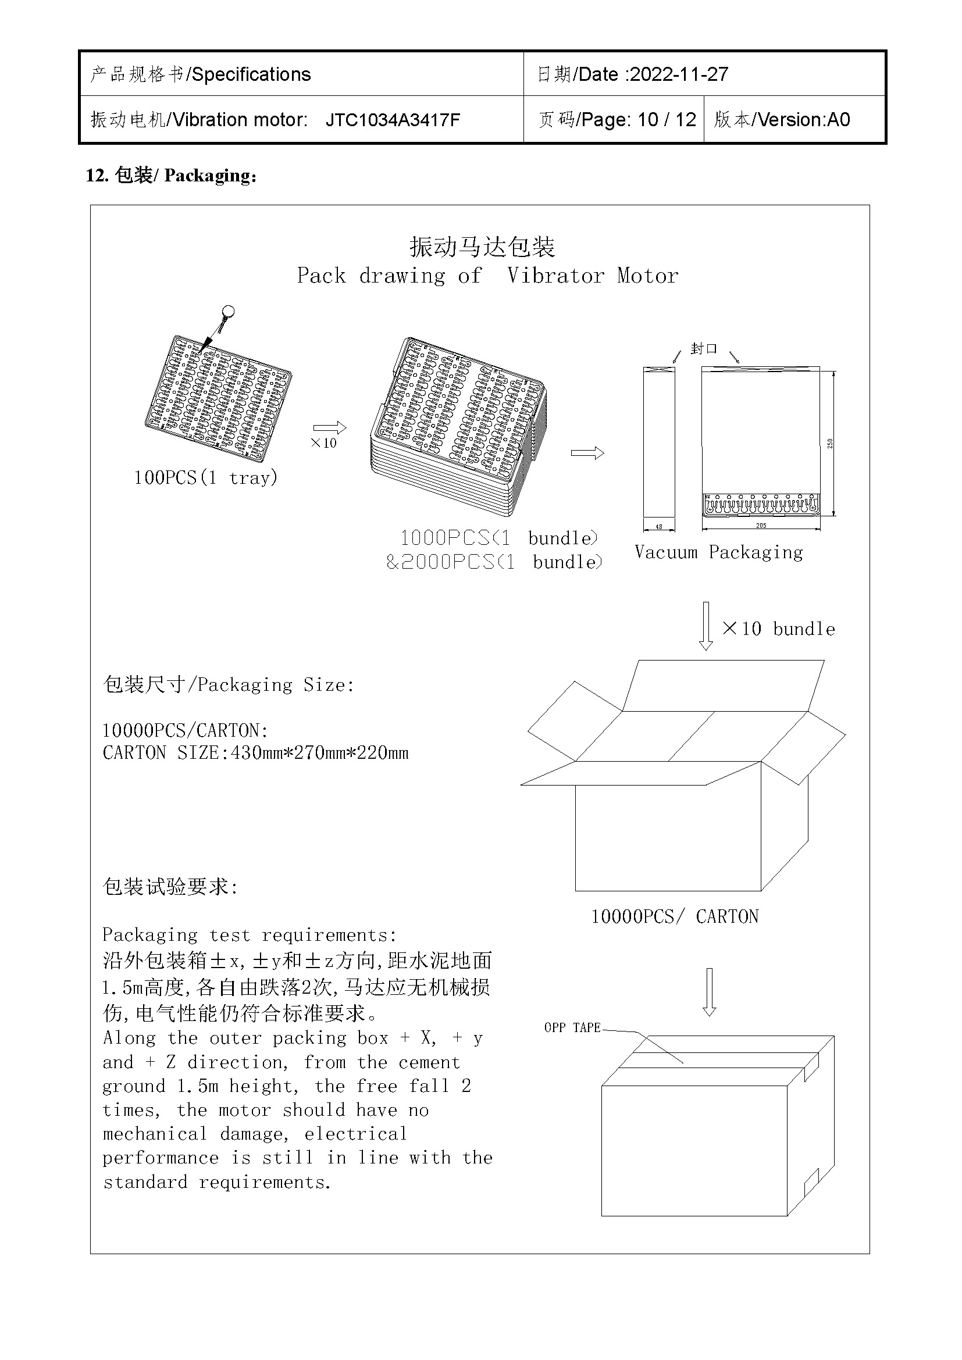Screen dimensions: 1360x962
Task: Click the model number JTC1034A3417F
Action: [x=393, y=120]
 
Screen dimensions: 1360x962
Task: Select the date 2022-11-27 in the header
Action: [x=678, y=74]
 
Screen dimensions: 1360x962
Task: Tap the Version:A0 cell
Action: [x=782, y=120]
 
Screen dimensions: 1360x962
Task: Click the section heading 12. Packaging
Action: [x=171, y=176]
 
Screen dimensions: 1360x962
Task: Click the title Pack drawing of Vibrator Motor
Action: [x=487, y=276]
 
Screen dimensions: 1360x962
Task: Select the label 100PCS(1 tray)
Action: [x=205, y=477]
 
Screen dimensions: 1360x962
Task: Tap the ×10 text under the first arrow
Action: [x=323, y=442]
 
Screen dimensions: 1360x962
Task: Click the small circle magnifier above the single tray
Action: [x=228, y=312]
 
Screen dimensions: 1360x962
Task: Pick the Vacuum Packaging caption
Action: [x=718, y=552]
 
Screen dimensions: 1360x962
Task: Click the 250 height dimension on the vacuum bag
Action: [x=830, y=443]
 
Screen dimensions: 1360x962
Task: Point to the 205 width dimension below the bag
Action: [x=761, y=526]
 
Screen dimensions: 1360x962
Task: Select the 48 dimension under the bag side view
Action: [x=659, y=527]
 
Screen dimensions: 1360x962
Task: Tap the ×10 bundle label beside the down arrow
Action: [x=778, y=629]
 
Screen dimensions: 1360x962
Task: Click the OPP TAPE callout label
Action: [x=572, y=1027]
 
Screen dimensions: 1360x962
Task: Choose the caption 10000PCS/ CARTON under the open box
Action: [x=675, y=917]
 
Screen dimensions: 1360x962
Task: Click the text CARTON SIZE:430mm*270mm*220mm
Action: [x=255, y=753]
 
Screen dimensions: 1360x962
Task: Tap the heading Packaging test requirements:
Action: [x=250, y=935]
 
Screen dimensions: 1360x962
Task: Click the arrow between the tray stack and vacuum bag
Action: [x=587, y=453]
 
